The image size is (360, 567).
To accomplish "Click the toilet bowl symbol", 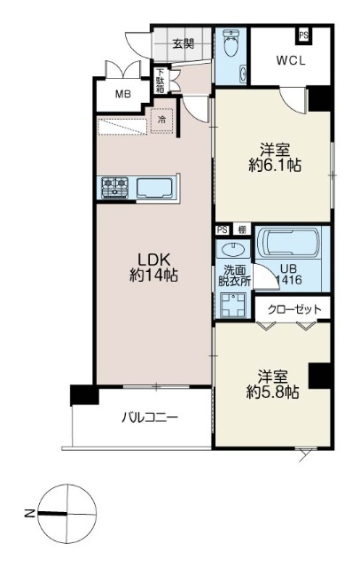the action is click(231, 43).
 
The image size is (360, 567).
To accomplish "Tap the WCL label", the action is click(291, 60).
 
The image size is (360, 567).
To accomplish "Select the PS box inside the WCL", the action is click(303, 35).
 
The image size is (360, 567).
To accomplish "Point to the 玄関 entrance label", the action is click(183, 43).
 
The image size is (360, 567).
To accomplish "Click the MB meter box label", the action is click(123, 95).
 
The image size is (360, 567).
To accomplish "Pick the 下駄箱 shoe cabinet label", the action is click(160, 81).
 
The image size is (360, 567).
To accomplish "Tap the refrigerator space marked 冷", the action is click(162, 120).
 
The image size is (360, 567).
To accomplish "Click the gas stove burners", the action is click(115, 188).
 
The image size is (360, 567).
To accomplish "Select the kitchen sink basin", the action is click(154, 188).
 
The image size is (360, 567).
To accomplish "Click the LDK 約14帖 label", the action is click(153, 268).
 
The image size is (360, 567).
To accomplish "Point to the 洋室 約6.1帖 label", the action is click(276, 157).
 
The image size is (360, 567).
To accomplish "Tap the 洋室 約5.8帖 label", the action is click(273, 384).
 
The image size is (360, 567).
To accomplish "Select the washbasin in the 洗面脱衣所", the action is click(232, 249).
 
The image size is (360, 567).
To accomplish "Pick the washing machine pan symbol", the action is click(233, 305).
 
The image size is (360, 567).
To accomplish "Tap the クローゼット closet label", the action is click(294, 309).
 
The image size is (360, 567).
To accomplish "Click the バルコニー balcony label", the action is click(150, 418).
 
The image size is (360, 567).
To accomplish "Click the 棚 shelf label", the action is click(242, 229).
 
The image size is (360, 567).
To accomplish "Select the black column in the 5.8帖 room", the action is click(319, 376).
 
